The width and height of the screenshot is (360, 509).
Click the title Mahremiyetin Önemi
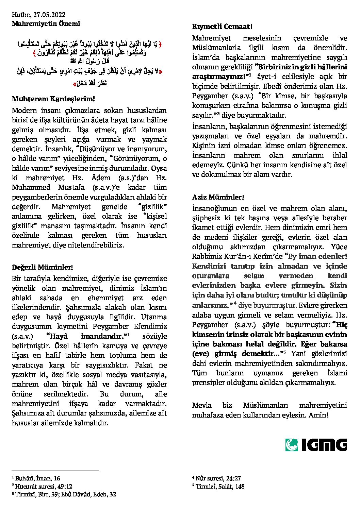click(x=46, y=23)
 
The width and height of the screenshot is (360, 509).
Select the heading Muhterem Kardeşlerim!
click(x=53, y=99)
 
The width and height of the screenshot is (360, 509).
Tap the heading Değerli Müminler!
click(x=43, y=267)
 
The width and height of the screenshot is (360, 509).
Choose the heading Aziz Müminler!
click(x=218, y=197)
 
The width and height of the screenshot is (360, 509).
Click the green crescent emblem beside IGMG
click(x=292, y=445)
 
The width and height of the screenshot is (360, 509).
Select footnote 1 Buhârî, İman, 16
click(x=36, y=478)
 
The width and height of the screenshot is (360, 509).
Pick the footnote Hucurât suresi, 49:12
click(x=42, y=486)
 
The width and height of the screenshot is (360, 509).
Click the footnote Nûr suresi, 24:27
click(x=216, y=478)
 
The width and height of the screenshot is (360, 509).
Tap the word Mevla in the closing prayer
click(x=202, y=405)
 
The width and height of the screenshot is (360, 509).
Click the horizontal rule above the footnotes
click(x=55, y=471)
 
